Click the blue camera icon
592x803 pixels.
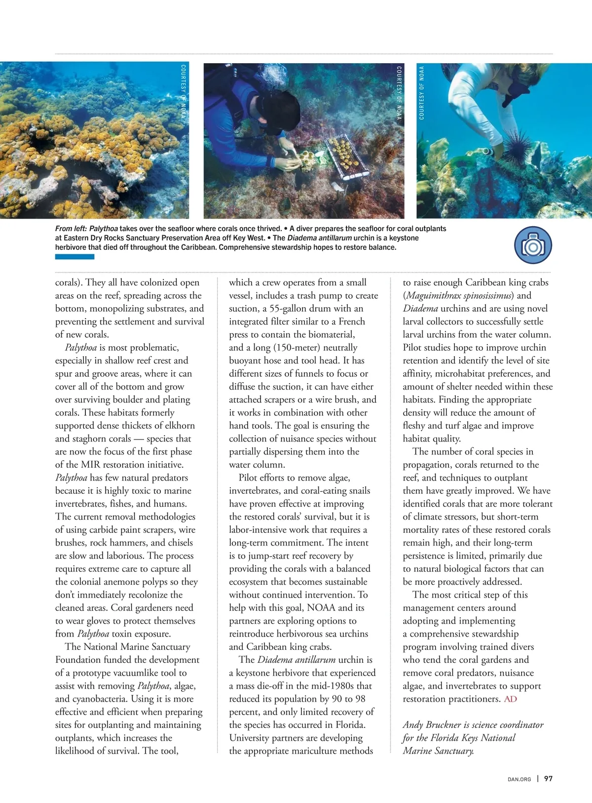[x=533, y=245]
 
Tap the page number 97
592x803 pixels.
[x=548, y=779]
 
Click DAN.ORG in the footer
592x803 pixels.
[x=519, y=779]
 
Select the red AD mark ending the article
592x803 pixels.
[x=511, y=699]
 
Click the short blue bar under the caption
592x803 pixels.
[x=74, y=257]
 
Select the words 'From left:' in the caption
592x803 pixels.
[x=71, y=229]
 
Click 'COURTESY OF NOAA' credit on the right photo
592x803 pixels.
[x=421, y=93]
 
